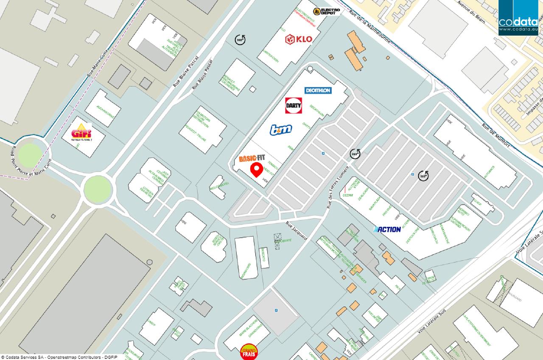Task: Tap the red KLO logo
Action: point(299,39)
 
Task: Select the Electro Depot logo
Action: point(327,11)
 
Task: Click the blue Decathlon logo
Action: point(318,90)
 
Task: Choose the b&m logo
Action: point(281,130)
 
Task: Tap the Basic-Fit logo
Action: point(255,158)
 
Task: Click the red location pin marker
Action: point(256,170)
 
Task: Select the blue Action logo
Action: point(387,229)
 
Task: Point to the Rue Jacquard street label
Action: point(296,231)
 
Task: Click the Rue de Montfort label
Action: point(495,135)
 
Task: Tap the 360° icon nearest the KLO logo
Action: point(241,39)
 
